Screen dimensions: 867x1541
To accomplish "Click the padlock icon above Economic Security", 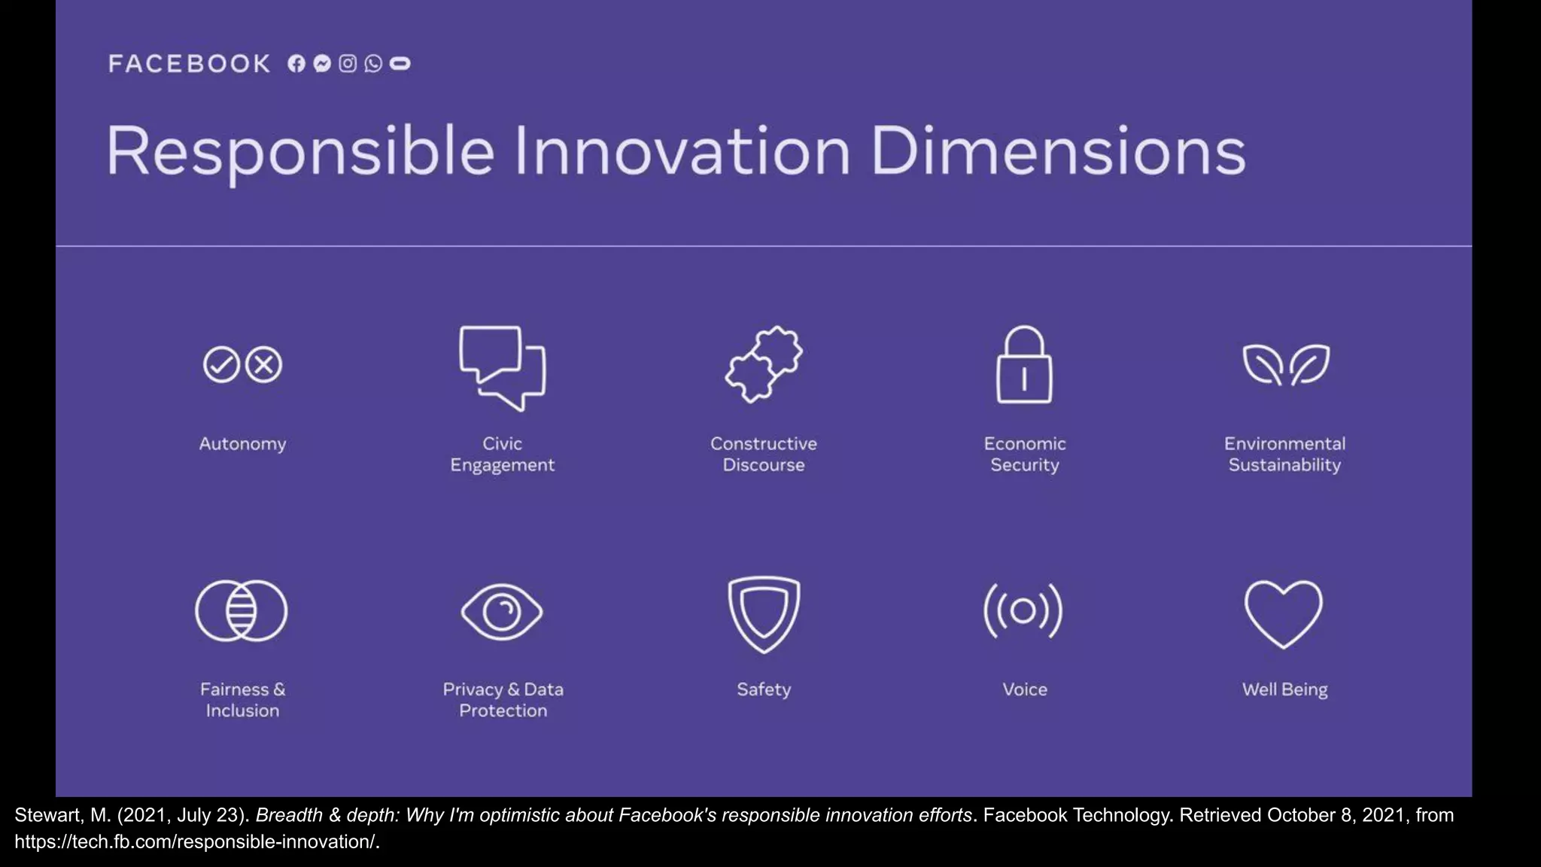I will point(1024,365).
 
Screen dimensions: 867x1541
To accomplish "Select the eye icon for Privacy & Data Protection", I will point(502,612).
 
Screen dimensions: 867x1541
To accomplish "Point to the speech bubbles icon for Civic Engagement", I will point(503,367).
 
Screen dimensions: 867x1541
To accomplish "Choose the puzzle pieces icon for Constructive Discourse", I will point(764,364).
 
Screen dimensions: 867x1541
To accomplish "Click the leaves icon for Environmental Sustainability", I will point(1286,365).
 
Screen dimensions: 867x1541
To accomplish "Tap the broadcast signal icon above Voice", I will point(1023,611).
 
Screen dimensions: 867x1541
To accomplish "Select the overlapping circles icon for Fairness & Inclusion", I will point(242,611).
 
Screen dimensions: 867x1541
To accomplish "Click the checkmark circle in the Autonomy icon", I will point(221,365).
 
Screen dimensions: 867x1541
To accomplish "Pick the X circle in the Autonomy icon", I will point(264,365).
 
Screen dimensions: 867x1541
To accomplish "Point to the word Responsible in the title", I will point(300,153).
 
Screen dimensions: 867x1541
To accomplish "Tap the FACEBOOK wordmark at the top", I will point(189,64).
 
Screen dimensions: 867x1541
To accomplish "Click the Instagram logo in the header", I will point(348,64).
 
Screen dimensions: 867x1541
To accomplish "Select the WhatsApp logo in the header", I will point(373,64).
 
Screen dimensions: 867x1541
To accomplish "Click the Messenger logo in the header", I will point(322,64).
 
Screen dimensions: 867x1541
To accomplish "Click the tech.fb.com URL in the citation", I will point(196,842).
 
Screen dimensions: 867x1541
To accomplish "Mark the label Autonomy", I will point(242,444).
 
